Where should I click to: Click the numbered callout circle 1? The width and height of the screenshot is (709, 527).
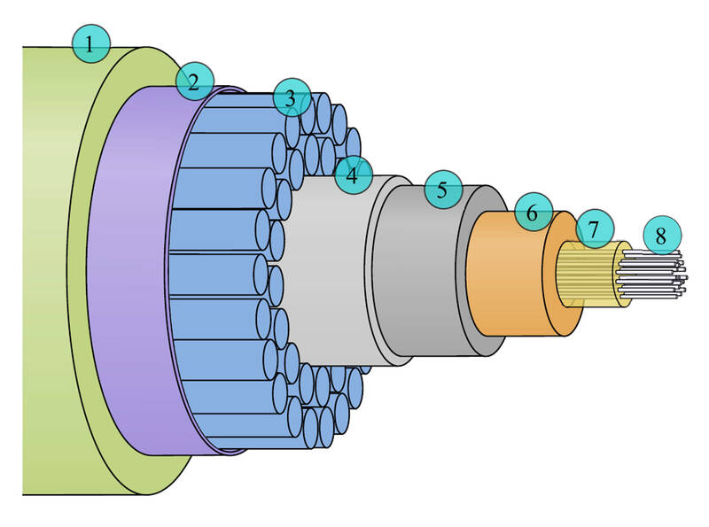tap(91, 43)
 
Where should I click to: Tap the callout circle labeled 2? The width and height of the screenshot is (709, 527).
tap(194, 81)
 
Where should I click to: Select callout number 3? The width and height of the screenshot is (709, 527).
tap(292, 97)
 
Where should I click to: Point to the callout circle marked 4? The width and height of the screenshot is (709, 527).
tap(353, 174)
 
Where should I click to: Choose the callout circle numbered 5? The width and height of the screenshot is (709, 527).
tap(443, 190)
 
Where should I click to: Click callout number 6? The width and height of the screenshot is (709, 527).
tap(534, 212)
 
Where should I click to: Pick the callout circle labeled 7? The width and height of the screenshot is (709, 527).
tap(595, 229)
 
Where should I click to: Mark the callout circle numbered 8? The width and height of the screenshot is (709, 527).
tap(662, 235)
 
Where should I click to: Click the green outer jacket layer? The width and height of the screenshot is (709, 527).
tap(45, 271)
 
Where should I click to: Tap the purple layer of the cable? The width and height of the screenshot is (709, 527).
tap(127, 271)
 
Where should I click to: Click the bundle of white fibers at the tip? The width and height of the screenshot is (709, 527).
tap(651, 275)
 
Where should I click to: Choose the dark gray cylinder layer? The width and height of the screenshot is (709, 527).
tap(420, 271)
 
